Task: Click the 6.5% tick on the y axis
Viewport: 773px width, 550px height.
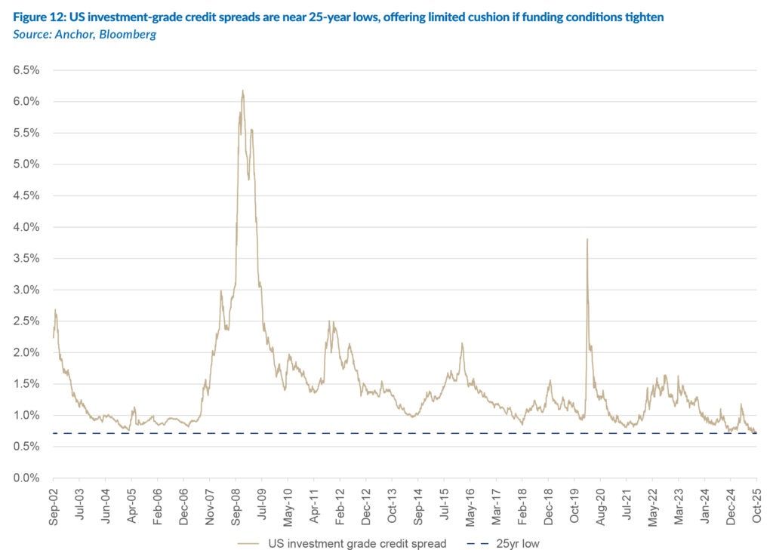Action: click(x=28, y=70)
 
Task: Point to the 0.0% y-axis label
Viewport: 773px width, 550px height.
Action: click(x=28, y=478)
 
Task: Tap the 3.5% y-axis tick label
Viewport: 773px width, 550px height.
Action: click(x=28, y=259)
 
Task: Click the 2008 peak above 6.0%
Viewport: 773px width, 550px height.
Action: click(x=242, y=91)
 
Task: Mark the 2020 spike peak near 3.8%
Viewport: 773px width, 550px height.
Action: click(x=587, y=239)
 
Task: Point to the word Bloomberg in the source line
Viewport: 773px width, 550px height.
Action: click(x=125, y=35)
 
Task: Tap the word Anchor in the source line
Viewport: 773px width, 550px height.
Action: click(x=71, y=35)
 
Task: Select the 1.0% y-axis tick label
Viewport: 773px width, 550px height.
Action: click(x=28, y=416)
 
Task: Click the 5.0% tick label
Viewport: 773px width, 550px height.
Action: click(x=28, y=164)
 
